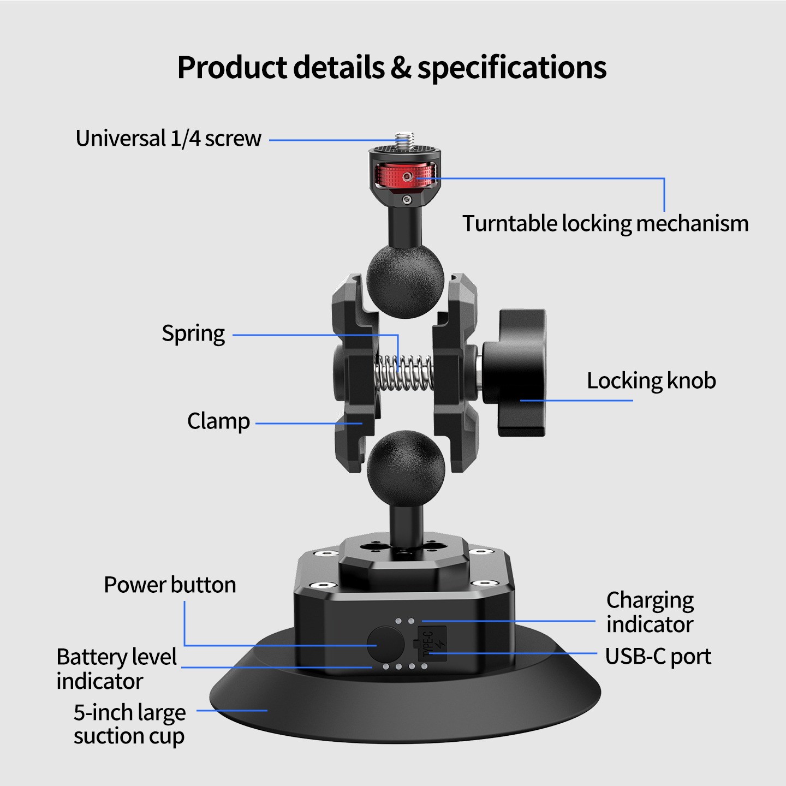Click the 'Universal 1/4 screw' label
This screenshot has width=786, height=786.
168,138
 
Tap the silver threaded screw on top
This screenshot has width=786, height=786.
405,140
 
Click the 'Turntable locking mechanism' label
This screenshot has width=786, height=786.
605,224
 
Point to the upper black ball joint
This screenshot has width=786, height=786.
405,281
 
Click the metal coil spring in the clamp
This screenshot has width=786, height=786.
404,372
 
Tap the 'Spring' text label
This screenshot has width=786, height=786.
193,334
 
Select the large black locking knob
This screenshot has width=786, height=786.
514,372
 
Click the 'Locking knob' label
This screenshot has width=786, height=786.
651,381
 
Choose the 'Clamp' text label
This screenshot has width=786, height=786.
218,421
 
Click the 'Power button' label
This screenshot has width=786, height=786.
170,585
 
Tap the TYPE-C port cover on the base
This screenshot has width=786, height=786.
432,644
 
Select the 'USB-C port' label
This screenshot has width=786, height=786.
658,656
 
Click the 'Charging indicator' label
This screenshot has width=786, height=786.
650,612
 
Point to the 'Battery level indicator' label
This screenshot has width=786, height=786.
117,669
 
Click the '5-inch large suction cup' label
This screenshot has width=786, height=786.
130,724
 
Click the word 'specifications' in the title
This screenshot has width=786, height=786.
512,68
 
